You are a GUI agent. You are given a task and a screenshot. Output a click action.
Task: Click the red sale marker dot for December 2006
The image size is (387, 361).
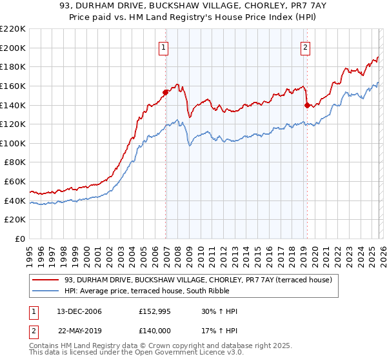pos(166,92)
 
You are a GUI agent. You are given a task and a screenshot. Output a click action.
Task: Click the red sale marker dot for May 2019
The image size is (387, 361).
pos(307,104)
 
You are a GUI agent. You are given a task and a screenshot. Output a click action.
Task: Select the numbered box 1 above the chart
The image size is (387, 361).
pos(164,46)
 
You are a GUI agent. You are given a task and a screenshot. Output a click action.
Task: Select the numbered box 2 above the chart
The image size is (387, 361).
pos(304,46)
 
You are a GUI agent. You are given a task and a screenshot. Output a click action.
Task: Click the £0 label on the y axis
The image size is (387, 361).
pos(20,239)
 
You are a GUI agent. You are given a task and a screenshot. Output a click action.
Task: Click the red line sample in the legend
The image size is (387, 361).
pos(46,280)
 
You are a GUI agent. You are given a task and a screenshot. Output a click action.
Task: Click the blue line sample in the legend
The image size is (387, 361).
pos(46,291)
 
